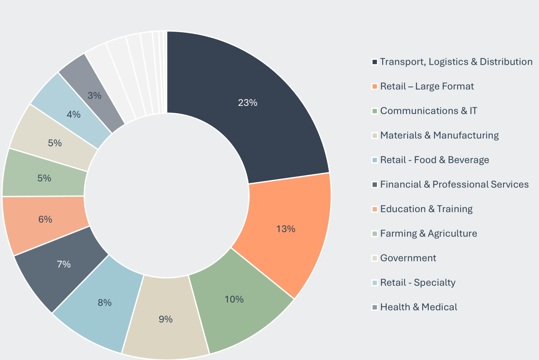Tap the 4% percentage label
pyautogui.click(x=74, y=115)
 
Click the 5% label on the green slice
pyautogui.click(x=44, y=178)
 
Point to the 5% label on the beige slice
pyautogui.click(x=55, y=143)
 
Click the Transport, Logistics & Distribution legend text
pyautogui.click(x=456, y=62)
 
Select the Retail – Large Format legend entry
pyautogui.click(x=427, y=87)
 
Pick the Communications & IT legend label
pyautogui.click(x=429, y=111)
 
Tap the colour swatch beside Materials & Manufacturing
pyautogui.click(x=375, y=136)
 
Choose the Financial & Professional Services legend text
pyautogui.click(x=455, y=185)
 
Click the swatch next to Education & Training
pyautogui.click(x=375, y=209)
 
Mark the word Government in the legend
pyautogui.click(x=408, y=258)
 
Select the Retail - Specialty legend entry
pyautogui.click(x=418, y=283)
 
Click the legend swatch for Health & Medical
pyautogui.click(x=375, y=307)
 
